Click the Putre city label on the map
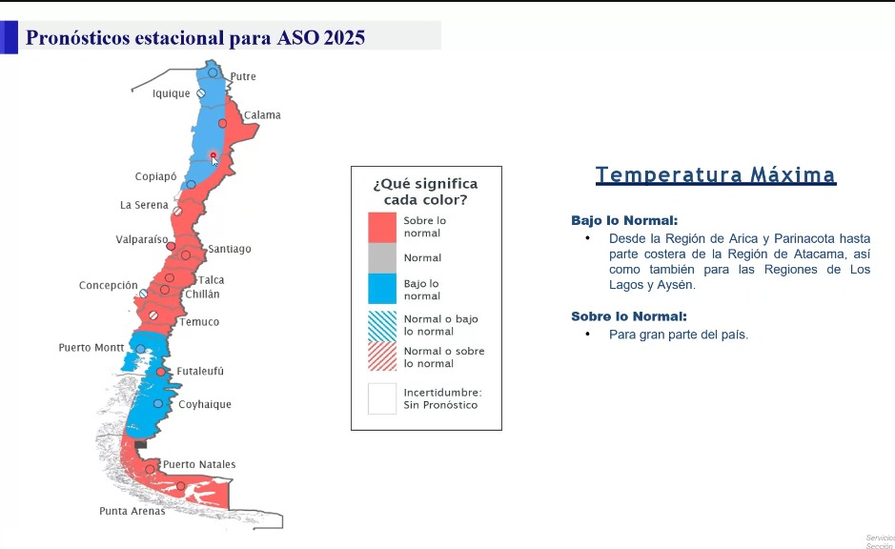point(243,76)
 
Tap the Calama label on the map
point(262,114)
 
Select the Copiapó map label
point(155,176)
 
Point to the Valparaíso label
point(142,239)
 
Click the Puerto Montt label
point(92,348)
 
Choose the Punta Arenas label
point(132,511)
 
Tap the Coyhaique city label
point(205,404)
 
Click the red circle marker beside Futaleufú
point(161,372)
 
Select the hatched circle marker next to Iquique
point(201,93)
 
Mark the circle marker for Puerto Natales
point(150,469)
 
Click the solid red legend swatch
point(382,228)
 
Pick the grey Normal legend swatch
point(382,258)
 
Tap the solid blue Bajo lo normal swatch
point(382,289)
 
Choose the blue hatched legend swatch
point(382,326)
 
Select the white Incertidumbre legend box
point(382,398)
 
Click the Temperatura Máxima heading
point(716,174)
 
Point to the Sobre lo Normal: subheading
point(629,316)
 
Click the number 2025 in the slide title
point(344,38)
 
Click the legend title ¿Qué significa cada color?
point(425,192)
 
